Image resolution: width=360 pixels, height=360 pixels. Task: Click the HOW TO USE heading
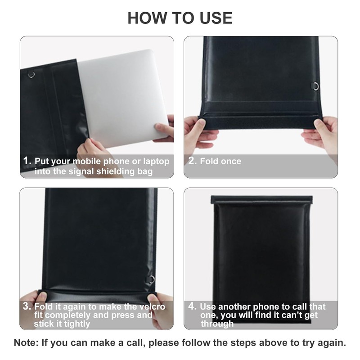180,18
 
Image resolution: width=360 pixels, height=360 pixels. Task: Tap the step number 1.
27,161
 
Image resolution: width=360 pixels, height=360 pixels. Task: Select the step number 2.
193,161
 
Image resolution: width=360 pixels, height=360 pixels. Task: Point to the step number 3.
27,307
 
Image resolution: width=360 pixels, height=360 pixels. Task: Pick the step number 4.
193,306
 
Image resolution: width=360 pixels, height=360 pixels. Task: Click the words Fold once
220,161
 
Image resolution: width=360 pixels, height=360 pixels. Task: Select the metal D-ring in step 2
316,86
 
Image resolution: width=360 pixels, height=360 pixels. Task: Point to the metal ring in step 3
152,279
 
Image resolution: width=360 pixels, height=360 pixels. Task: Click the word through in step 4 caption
217,324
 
